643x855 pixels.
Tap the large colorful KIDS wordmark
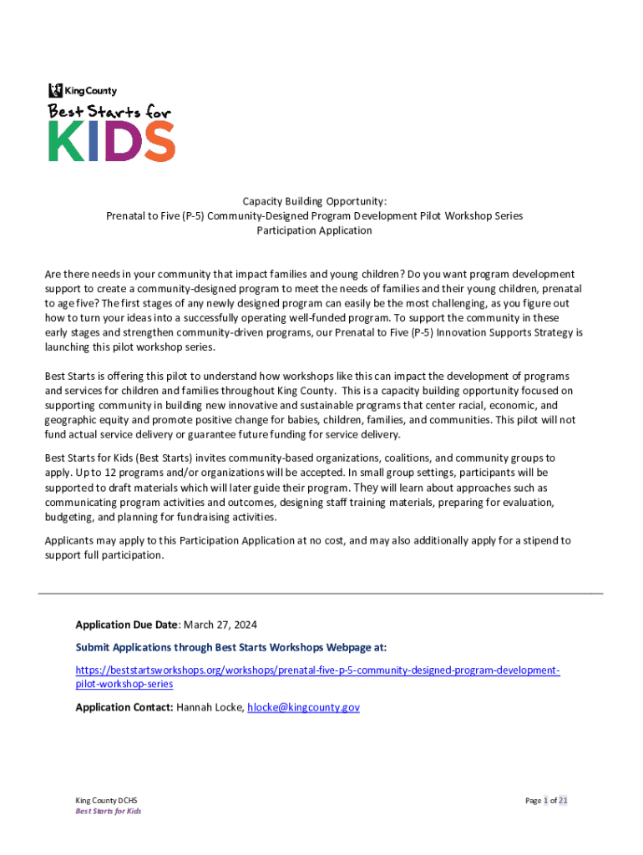[x=110, y=141]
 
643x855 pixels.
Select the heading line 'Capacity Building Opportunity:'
[x=314, y=201]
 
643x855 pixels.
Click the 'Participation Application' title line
[x=314, y=230]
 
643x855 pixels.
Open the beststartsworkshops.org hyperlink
[x=317, y=670]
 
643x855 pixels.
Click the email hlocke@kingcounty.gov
[x=304, y=707]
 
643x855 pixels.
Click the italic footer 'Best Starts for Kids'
[x=109, y=812]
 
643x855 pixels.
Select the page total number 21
[x=564, y=801]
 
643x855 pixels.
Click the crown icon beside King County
[x=55, y=90]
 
